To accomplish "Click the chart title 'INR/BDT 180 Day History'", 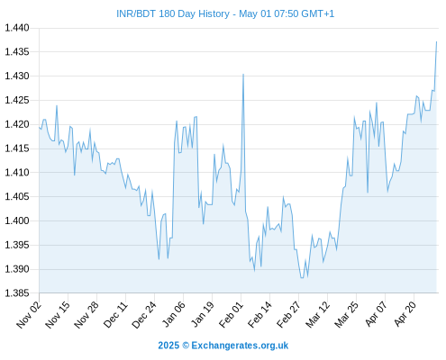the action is coord(173,13).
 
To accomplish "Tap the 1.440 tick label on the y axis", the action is coord(17,28).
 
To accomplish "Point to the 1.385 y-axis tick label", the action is coord(17,292).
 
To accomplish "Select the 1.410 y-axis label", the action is coord(17,172).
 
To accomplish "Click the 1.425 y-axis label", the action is coord(17,100).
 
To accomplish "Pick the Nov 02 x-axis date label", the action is coord(29,315).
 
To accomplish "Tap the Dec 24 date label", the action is coord(144,315).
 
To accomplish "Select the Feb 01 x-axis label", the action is coord(231,315).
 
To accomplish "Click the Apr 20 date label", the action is coord(405,314).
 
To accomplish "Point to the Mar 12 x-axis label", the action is coord(317,315).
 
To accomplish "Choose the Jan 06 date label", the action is coord(173,314).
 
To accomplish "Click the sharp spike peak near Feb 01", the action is coord(243,74).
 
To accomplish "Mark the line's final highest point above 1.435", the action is coord(436,42).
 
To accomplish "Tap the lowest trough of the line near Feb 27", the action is coord(302,278).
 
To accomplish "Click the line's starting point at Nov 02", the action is coord(39,128).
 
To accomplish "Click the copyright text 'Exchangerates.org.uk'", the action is coord(240,346).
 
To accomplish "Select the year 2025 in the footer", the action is coord(168,346).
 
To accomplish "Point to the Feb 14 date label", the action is coord(259,315).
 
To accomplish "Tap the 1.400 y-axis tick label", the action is coord(17,220).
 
